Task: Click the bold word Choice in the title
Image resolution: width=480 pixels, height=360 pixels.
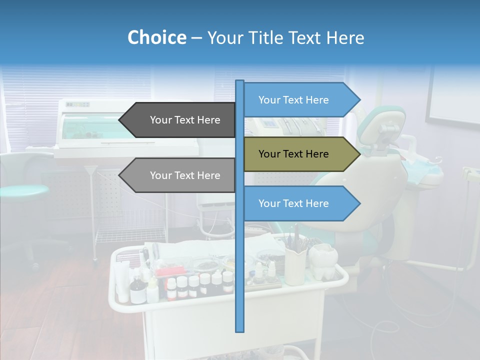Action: [x=156, y=37]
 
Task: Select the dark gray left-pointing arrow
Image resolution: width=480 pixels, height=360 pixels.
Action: [x=177, y=120]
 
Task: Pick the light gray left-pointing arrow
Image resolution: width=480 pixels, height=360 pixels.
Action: [x=177, y=175]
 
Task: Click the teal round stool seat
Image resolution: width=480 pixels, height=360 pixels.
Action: [x=22, y=190]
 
